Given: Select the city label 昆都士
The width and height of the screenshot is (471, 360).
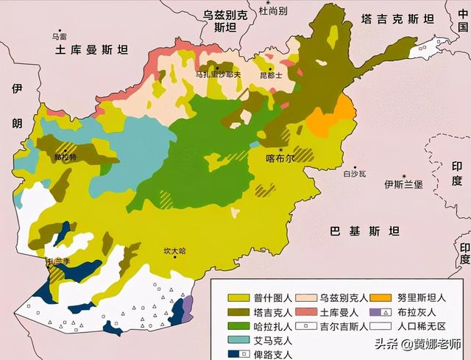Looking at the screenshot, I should pos(272,75).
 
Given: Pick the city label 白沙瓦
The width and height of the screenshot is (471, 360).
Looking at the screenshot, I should pos(355,174).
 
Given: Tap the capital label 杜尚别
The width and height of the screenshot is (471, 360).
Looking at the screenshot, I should pos(273,11).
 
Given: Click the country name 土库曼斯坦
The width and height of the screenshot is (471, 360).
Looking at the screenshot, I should pos(92,50).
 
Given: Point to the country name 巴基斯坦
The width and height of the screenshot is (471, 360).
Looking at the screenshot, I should pos(364,231).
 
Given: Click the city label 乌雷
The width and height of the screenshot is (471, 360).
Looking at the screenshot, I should pos(59,35).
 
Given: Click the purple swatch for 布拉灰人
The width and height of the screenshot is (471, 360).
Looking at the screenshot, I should pos(380,312).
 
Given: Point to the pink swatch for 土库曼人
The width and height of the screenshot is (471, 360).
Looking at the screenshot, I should pos(308,312).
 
